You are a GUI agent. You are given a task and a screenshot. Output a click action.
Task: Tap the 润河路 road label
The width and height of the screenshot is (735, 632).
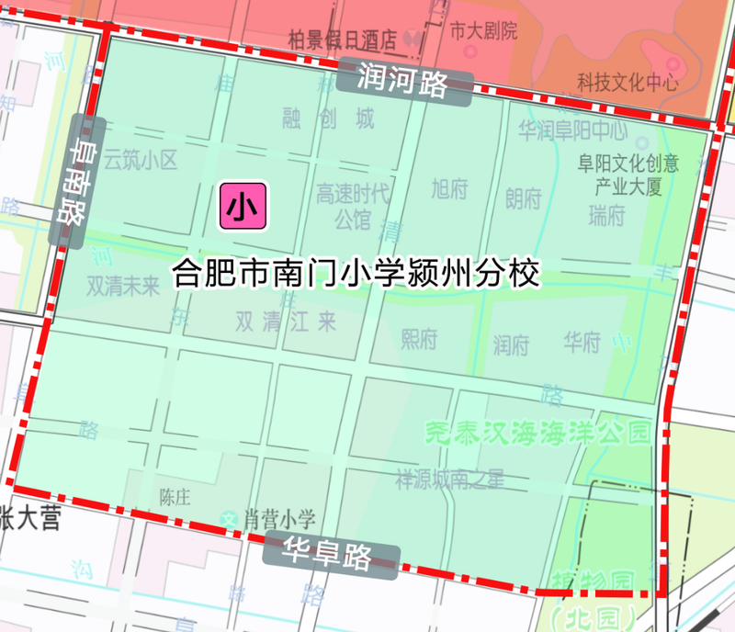coord(404,81)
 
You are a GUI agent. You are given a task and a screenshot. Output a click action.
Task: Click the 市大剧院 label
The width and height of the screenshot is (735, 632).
coord(483,30)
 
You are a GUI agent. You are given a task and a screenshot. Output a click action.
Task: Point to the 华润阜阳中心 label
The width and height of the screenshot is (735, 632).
coord(572,130)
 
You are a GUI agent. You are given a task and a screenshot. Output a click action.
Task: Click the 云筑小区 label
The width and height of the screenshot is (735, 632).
coord(139,161)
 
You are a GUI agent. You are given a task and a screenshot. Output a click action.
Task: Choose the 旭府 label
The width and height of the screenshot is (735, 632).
coord(449,188)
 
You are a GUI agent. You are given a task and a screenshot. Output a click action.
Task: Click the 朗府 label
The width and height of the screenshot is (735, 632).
coord(524,197)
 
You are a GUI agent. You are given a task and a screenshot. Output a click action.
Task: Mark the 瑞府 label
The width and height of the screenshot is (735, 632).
coord(606,216)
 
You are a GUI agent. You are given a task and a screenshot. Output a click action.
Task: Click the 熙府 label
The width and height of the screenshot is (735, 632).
coord(419,339)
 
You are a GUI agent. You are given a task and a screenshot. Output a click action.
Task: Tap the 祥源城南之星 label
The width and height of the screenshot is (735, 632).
coord(450,479)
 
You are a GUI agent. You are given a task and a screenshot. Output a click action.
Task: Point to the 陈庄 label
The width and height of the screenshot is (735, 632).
coord(174,498)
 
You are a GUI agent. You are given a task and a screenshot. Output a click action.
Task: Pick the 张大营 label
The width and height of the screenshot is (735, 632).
coord(29,520)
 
